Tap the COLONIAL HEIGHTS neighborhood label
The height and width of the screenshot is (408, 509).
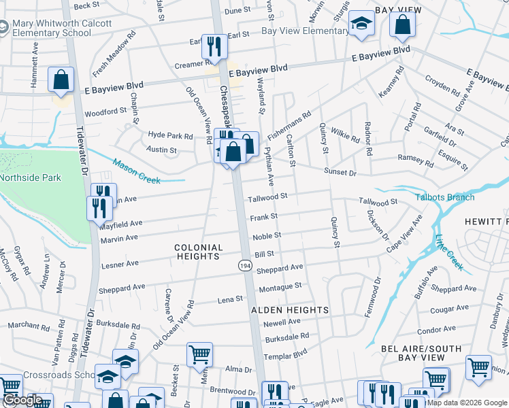tap(198, 252)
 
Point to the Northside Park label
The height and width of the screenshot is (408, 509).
tap(31, 178)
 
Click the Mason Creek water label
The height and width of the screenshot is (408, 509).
tap(136, 171)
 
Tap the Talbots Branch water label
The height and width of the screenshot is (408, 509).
tap(444, 197)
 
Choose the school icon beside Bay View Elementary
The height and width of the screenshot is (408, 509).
tap(361, 24)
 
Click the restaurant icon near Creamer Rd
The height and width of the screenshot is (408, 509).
tap(214, 47)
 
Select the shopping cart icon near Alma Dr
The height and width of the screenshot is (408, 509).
tap(199, 354)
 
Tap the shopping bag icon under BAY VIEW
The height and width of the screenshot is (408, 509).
tap(402, 25)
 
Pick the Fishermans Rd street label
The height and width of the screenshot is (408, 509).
tap(289, 123)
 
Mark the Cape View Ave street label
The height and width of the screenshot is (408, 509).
tap(404, 235)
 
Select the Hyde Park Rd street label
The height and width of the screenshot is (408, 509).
tap(170, 136)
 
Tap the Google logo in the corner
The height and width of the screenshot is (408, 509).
tap(22, 400)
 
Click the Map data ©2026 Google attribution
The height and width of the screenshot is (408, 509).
tap(466, 403)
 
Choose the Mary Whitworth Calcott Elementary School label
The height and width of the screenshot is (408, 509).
tap(51, 29)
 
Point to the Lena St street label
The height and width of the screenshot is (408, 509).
tap(229, 299)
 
